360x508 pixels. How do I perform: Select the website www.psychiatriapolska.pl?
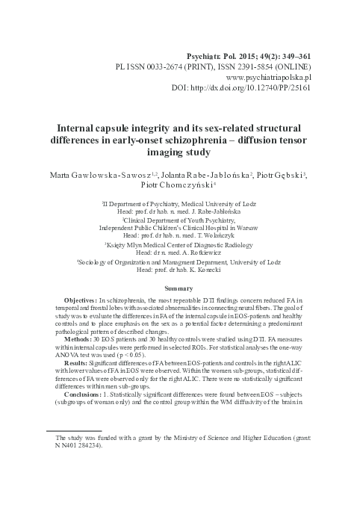267,77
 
